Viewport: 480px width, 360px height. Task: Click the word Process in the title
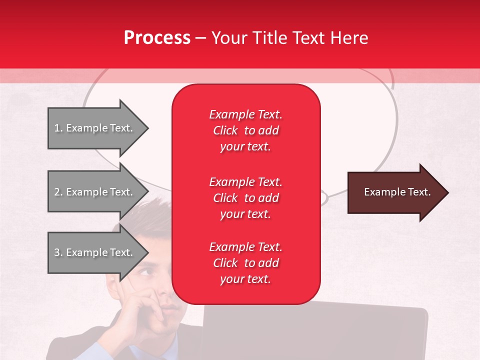click(157, 37)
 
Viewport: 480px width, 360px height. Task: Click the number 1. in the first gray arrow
click(58, 128)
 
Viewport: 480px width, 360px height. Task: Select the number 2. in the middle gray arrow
click(58, 192)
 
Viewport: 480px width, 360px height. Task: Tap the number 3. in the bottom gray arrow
click(58, 252)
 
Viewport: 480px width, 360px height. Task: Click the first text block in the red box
click(245, 130)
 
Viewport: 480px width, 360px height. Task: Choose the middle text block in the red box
click(245, 198)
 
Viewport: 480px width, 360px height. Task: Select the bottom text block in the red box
click(245, 263)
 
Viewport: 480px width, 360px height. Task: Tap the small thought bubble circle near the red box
click(324, 198)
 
